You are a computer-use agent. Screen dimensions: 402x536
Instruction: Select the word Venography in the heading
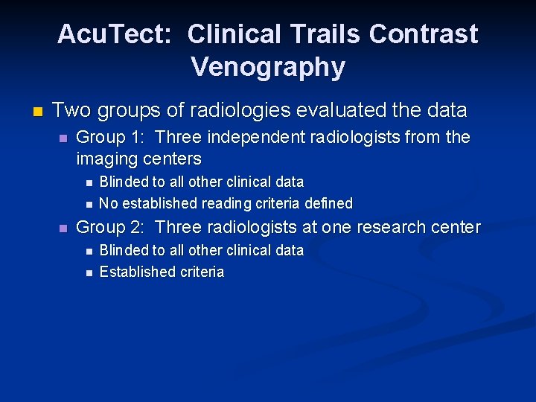pyautogui.click(x=268, y=67)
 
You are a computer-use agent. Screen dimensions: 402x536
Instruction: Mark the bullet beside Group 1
pyautogui.click(x=64, y=138)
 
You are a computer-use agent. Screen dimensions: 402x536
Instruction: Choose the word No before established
pyautogui.click(x=109, y=203)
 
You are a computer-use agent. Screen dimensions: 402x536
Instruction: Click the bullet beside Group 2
pyautogui.click(x=64, y=229)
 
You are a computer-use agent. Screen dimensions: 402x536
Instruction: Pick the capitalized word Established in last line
pyautogui.click(x=133, y=272)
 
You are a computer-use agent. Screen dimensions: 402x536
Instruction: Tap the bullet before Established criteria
pyautogui.click(x=88, y=273)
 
